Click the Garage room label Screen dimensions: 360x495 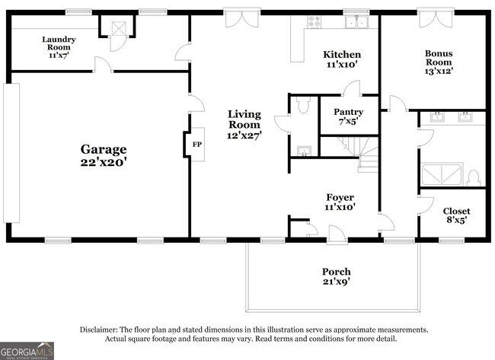[105, 149]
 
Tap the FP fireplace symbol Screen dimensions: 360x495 [196, 144]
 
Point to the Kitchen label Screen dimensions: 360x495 [342, 55]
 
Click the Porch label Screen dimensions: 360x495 [336, 272]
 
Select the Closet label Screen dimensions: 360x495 [456, 211]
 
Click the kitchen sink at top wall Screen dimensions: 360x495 [355, 22]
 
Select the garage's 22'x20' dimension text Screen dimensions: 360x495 [105, 161]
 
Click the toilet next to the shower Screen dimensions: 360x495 [473, 177]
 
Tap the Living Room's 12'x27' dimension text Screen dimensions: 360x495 [244, 135]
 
